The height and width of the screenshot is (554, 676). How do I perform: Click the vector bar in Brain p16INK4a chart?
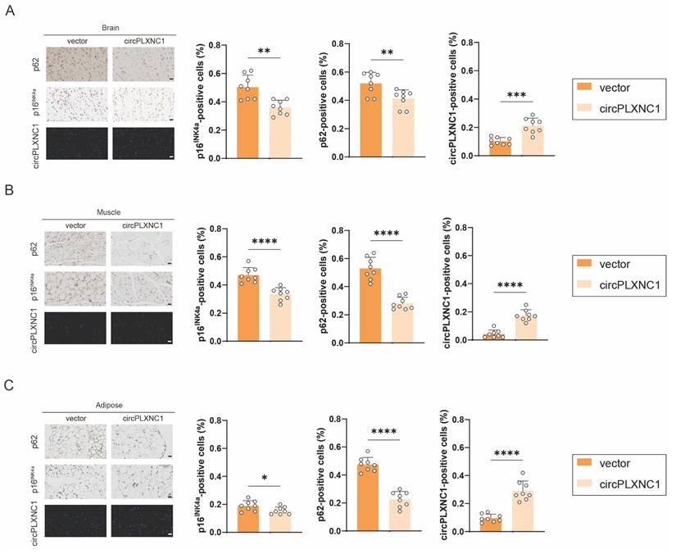pyautogui.click(x=248, y=123)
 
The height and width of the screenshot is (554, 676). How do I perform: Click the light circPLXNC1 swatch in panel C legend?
pyautogui.click(x=589, y=487)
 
